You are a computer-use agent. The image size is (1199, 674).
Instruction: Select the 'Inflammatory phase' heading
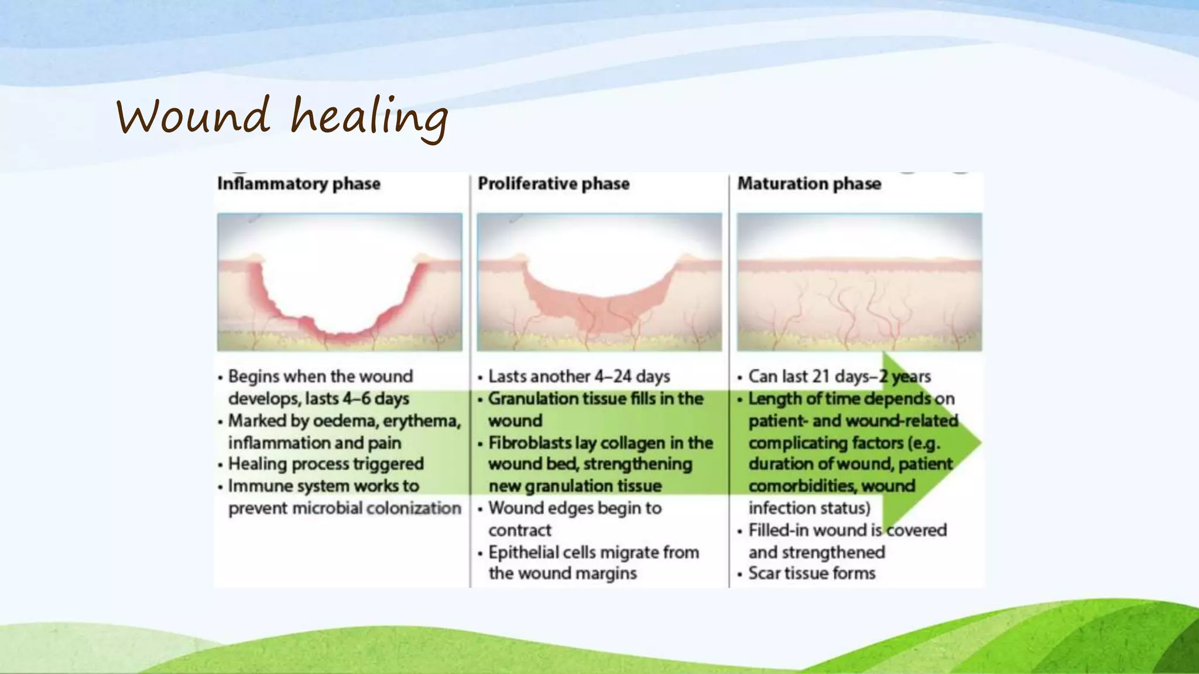tap(299, 184)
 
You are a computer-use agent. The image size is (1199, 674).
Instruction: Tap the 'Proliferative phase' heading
tap(553, 184)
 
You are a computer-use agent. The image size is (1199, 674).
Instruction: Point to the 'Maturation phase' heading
tap(809, 184)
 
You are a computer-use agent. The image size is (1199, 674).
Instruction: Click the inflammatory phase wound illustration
tap(340, 282)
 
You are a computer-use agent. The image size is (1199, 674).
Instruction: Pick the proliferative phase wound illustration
tap(599, 282)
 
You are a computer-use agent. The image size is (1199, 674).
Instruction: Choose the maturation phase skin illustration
tap(859, 282)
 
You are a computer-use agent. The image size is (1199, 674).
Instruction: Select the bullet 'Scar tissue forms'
tap(811, 573)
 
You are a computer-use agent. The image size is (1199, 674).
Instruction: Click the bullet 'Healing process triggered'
tap(326, 464)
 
